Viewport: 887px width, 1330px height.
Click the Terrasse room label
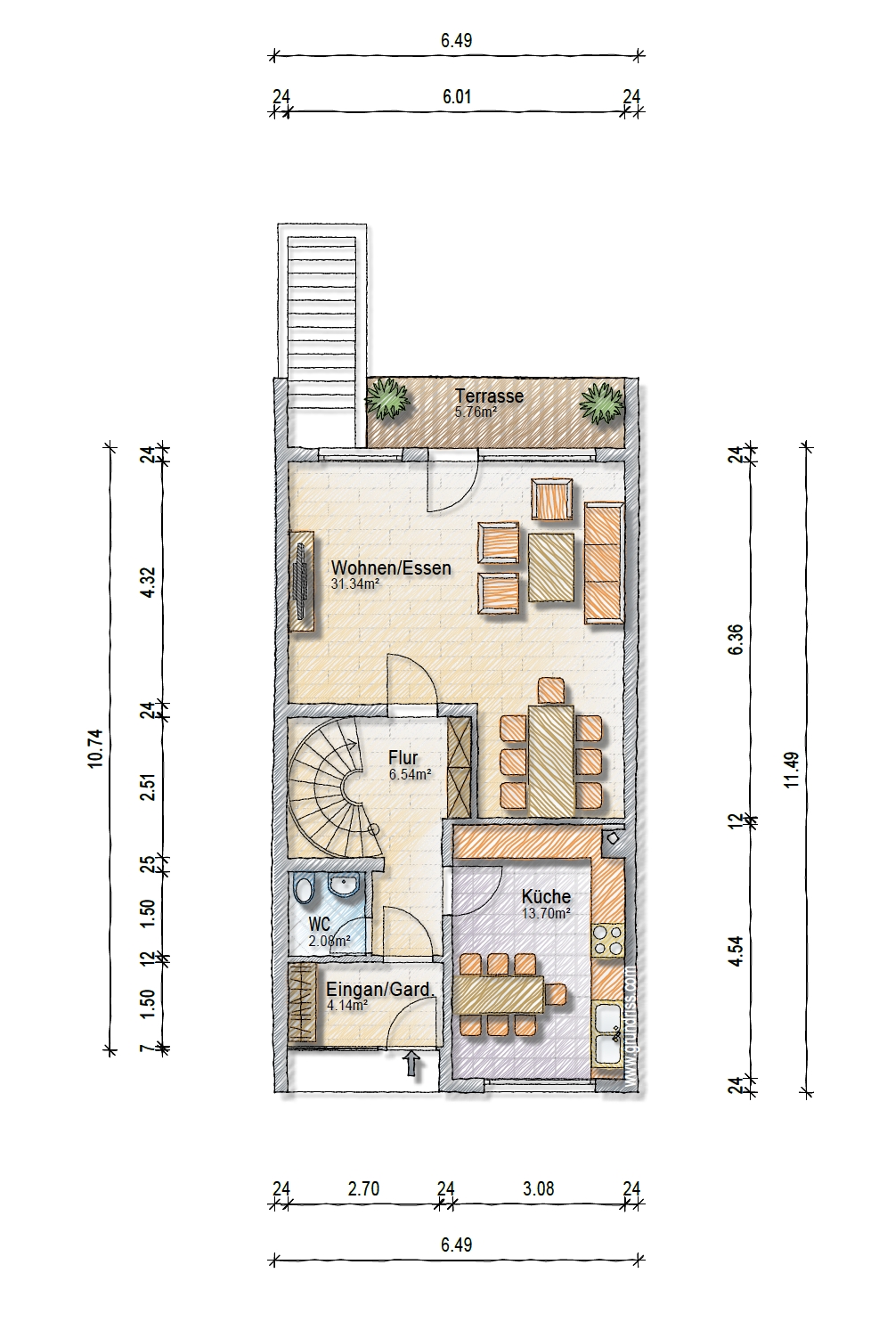click(489, 396)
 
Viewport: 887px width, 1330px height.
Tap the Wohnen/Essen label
click(391, 568)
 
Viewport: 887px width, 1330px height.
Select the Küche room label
click(546, 896)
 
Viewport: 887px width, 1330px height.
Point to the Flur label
click(403, 757)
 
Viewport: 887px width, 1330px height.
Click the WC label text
click(319, 925)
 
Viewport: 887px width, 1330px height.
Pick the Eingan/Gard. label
click(380, 991)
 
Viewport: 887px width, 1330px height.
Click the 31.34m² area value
click(355, 584)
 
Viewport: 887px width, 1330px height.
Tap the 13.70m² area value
click(546, 913)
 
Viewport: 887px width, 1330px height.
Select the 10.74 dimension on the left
click(96, 748)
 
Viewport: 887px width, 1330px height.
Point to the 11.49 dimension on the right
click(792, 770)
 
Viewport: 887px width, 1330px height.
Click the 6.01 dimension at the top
click(457, 96)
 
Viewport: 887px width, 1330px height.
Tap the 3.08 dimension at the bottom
click(539, 1188)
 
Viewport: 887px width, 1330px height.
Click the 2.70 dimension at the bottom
click(363, 1188)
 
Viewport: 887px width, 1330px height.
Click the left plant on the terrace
click(387, 398)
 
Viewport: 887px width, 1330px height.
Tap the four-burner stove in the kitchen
click(608, 940)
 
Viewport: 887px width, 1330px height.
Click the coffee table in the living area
click(551, 567)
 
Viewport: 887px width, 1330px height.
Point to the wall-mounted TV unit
click(302, 580)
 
